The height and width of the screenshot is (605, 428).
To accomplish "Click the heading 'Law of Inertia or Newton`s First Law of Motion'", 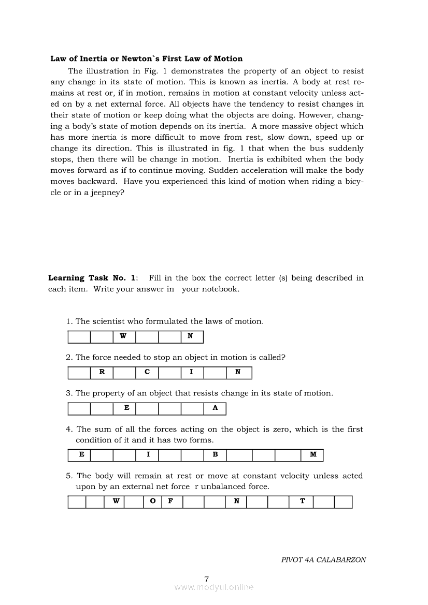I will click(x=146, y=58).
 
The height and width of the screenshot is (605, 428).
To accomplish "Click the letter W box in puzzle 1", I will click(x=124, y=337).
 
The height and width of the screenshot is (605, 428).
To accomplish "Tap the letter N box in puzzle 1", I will click(x=192, y=337).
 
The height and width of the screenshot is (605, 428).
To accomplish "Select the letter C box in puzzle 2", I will click(x=147, y=373).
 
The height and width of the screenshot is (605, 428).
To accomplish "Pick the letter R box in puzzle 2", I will click(x=102, y=373).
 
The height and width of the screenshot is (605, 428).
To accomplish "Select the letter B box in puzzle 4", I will click(x=215, y=455).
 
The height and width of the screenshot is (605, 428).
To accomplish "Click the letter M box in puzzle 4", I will click(x=312, y=455).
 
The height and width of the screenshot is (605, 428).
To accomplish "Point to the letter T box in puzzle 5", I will click(x=302, y=502).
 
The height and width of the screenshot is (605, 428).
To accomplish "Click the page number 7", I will click(x=207, y=579).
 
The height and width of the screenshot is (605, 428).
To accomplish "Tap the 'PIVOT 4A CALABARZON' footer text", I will click(x=323, y=560).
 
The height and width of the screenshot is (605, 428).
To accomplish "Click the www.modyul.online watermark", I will click(x=214, y=587).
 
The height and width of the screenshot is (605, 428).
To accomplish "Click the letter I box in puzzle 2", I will click(x=192, y=373).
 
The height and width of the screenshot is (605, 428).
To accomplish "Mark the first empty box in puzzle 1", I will click(x=79, y=337).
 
